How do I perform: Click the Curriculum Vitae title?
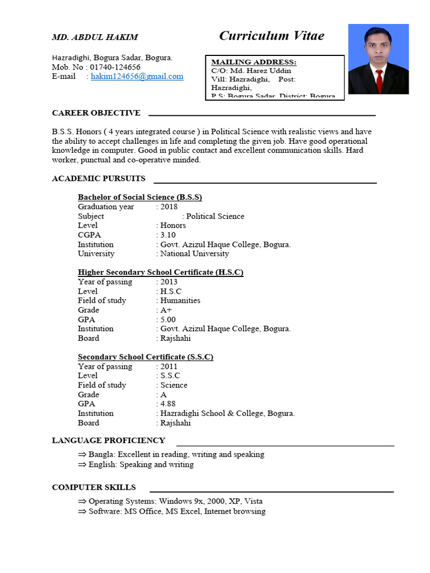click(x=272, y=36)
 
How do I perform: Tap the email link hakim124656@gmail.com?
click(x=137, y=77)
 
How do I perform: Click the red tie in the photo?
click(x=379, y=81)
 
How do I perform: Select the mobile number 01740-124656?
click(x=114, y=67)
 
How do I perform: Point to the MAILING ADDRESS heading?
click(x=254, y=62)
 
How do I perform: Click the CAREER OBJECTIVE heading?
click(x=96, y=113)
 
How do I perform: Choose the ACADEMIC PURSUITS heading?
click(x=99, y=179)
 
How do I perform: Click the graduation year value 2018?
click(x=169, y=207)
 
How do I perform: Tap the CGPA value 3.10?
click(x=168, y=235)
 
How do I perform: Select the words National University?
click(x=195, y=254)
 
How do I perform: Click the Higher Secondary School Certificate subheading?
click(x=161, y=273)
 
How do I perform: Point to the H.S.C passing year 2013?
click(x=169, y=282)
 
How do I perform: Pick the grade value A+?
click(x=166, y=310)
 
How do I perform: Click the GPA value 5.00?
click(x=168, y=320)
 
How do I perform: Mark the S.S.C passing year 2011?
click(x=169, y=367)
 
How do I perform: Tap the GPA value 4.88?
click(x=168, y=404)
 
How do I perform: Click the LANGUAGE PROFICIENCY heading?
click(x=109, y=440)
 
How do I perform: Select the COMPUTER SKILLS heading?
click(x=94, y=487)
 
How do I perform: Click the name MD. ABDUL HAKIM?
click(x=95, y=37)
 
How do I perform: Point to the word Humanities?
click(x=180, y=300)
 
